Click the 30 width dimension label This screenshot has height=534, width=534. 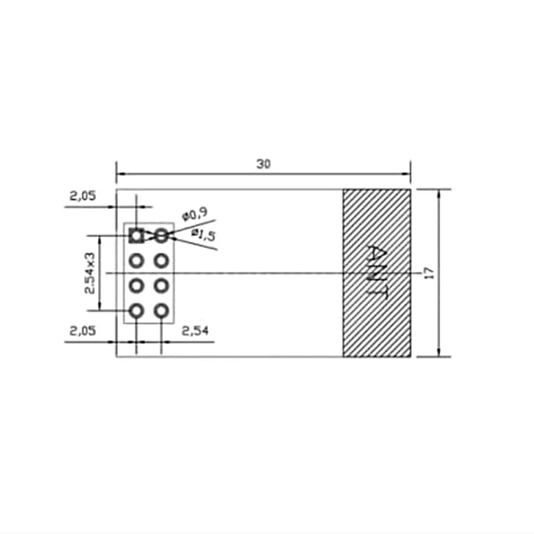point(263,164)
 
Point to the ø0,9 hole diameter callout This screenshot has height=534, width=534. point(194,215)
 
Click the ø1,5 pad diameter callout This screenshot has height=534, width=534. point(203,235)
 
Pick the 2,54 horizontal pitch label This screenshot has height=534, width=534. point(195,331)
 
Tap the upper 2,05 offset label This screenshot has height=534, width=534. point(83,196)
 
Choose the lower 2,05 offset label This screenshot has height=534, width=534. point(83,331)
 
